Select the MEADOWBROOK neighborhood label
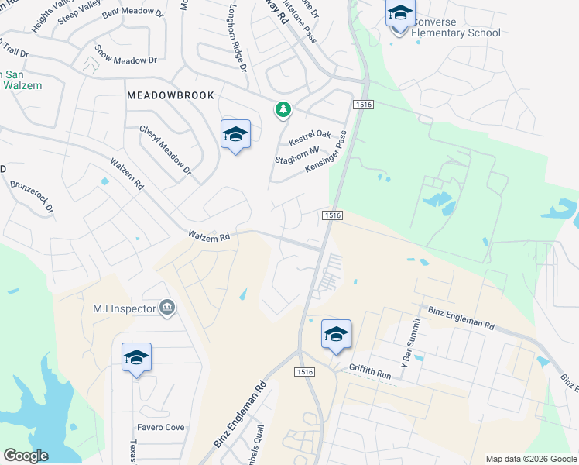170,94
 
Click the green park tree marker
283,110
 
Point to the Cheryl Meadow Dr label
165,150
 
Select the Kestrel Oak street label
310,139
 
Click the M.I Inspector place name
124,308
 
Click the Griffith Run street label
372,370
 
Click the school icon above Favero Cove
136,357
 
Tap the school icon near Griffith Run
336,334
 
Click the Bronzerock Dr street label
32,197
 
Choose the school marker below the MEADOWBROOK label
235,135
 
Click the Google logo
26,456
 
